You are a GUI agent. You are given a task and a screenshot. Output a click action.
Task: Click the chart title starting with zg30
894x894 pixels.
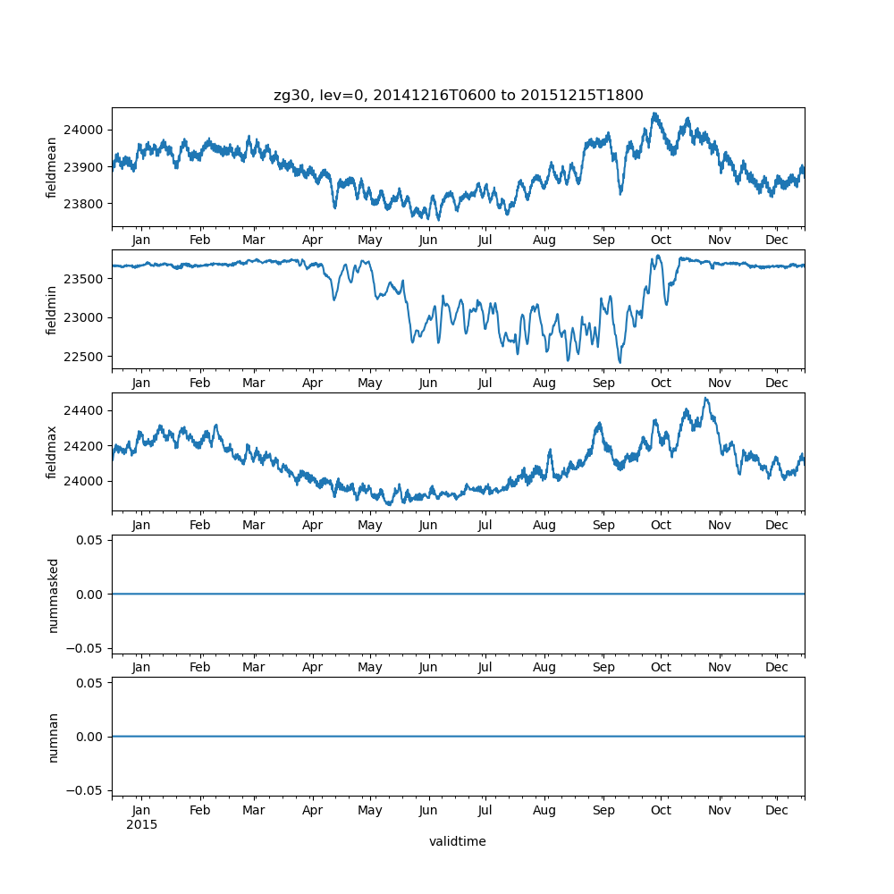pyautogui.click(x=458, y=96)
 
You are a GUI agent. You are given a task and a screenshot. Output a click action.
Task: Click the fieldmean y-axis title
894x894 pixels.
pyautogui.click(x=52, y=167)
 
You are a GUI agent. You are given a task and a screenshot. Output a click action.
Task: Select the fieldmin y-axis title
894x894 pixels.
pyautogui.click(x=52, y=309)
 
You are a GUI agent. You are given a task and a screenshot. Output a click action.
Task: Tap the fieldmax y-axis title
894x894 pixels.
pyautogui.click(x=52, y=451)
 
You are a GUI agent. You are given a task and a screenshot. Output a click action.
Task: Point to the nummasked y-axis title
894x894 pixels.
pyautogui.click(x=52, y=595)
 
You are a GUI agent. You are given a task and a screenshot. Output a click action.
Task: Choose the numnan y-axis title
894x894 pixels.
pyautogui.click(x=52, y=737)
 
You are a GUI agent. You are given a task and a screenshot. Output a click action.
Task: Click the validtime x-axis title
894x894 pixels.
pyautogui.click(x=458, y=841)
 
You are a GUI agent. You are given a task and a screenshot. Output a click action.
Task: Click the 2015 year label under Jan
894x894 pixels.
pyautogui.click(x=141, y=824)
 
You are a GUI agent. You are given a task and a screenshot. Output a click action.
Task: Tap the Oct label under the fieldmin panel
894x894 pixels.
pyautogui.click(x=661, y=383)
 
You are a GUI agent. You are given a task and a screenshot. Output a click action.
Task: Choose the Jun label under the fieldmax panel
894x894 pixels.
pyautogui.click(x=428, y=525)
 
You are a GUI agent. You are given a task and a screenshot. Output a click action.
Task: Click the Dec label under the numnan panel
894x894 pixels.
pyautogui.click(x=777, y=810)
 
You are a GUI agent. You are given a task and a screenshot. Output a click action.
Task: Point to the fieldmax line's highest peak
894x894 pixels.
pyautogui.click(x=705, y=399)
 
